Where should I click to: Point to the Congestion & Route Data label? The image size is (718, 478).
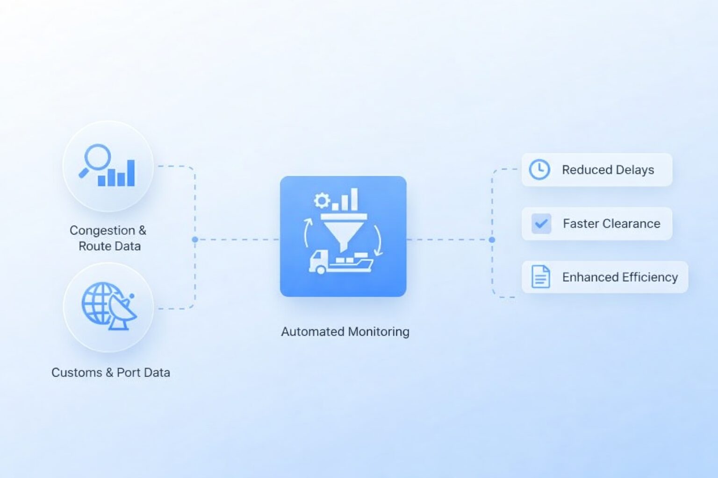click(108, 238)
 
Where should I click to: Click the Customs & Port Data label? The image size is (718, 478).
click(111, 373)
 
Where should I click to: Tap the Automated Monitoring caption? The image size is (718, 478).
click(345, 331)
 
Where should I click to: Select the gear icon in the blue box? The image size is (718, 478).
click(322, 201)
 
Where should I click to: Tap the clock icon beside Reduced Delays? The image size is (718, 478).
click(539, 169)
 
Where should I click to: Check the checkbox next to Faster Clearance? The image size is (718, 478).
click(541, 224)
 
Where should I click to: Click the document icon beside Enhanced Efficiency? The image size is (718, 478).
click(540, 277)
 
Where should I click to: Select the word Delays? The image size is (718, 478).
click(634, 170)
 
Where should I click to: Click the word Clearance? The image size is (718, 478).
click(632, 224)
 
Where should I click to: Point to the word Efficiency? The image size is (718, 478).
click(649, 277)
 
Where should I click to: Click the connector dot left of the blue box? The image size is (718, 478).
click(195, 239)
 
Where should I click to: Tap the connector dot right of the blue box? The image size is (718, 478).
click(492, 239)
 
